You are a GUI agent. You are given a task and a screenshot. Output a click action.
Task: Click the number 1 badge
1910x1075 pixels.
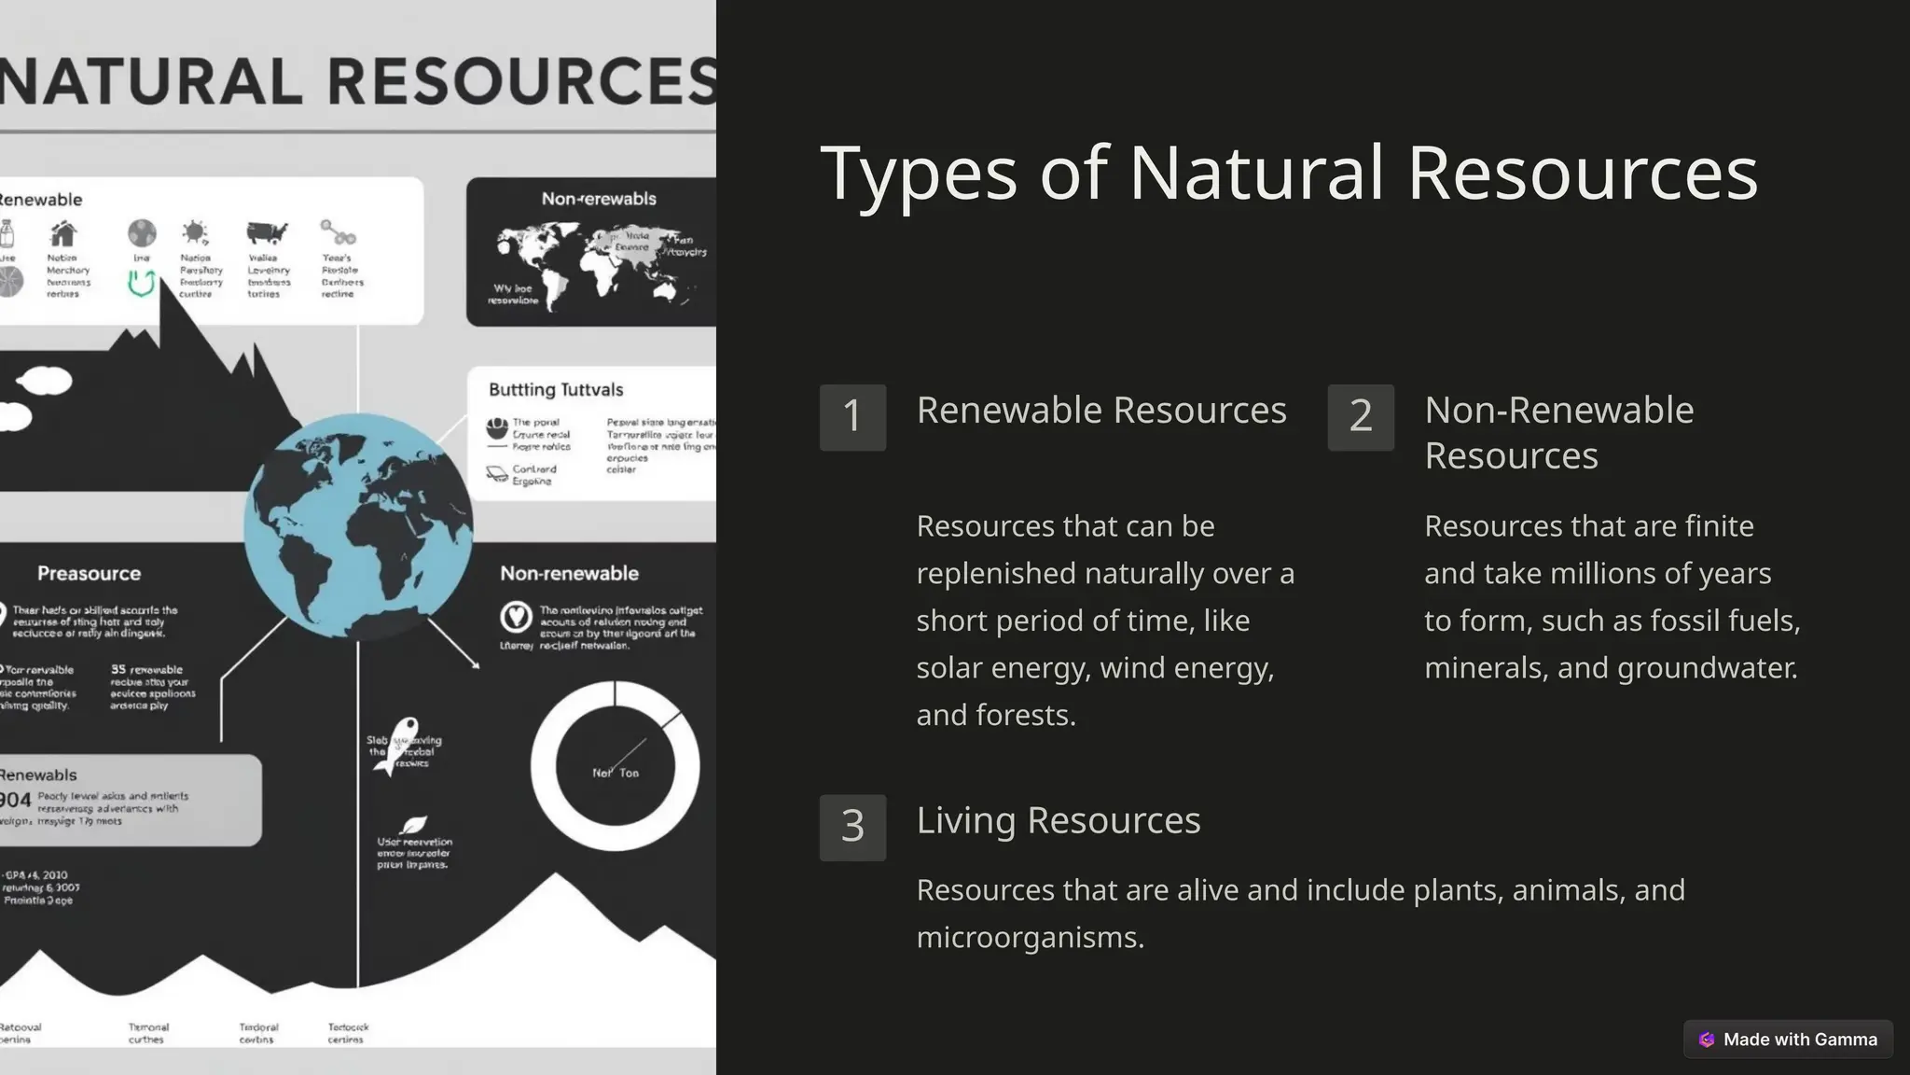coord(852,417)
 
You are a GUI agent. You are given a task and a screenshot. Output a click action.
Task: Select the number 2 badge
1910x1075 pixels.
coord(1361,417)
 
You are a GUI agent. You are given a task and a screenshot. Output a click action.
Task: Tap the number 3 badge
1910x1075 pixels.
coord(852,827)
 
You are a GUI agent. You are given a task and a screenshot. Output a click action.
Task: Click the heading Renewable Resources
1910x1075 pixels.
coord(1101,411)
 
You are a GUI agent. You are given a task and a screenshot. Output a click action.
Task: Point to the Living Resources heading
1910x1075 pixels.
coord(1059,820)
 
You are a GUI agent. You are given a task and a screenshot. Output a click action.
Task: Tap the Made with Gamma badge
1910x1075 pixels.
coord(1788,1039)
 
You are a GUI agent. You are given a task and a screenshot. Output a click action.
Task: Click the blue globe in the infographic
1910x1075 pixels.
coord(358,525)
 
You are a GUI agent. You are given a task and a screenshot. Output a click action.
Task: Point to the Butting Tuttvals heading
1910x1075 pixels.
coord(556,390)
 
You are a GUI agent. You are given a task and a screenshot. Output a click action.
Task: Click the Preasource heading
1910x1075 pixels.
coord(89,574)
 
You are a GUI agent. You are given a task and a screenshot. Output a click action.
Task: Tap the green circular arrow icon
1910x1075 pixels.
coord(141,283)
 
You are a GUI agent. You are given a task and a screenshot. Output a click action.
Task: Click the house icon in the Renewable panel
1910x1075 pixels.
coord(63,233)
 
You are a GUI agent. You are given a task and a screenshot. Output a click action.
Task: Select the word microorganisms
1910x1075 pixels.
coord(1030,937)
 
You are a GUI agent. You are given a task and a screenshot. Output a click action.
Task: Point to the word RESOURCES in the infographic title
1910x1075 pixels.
coord(522,82)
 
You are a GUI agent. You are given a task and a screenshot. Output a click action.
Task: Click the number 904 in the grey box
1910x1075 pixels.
coord(15,800)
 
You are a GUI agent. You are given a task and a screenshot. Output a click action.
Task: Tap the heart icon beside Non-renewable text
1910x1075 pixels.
coord(516,616)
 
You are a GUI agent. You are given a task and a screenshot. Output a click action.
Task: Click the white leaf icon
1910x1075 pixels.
coord(413,825)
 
